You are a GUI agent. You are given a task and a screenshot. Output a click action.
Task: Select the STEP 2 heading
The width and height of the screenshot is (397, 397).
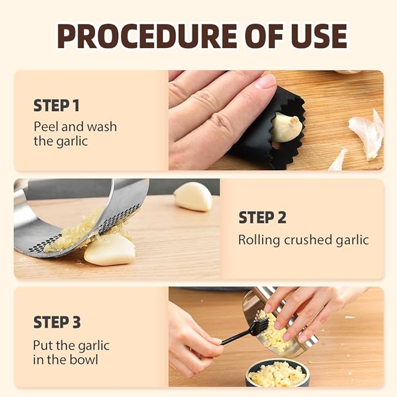click(262, 218)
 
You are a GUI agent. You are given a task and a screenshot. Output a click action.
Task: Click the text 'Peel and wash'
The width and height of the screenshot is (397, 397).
click(75, 126)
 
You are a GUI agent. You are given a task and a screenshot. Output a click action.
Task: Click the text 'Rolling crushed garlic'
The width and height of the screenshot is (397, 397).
click(303, 240)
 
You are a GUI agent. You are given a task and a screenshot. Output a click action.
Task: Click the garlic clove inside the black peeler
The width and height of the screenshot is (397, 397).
click(287, 126)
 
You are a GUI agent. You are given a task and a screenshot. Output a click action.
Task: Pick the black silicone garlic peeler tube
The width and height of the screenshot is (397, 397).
click(275, 146)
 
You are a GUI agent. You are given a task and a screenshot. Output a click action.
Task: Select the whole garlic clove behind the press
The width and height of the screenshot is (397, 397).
click(193, 196)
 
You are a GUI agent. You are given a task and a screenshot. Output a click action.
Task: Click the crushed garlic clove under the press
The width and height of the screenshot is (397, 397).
click(109, 250)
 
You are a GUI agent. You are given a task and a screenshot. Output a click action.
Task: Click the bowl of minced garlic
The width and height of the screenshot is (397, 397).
click(277, 373)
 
